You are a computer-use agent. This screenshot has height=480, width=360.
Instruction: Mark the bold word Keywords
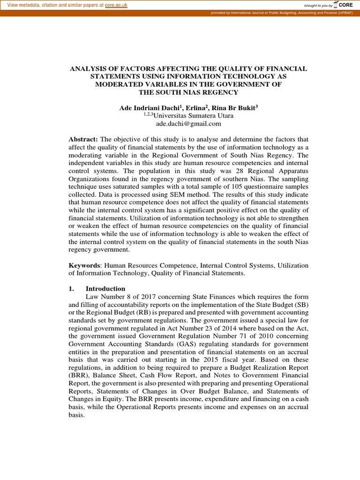pyautogui.click(x=85, y=265)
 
